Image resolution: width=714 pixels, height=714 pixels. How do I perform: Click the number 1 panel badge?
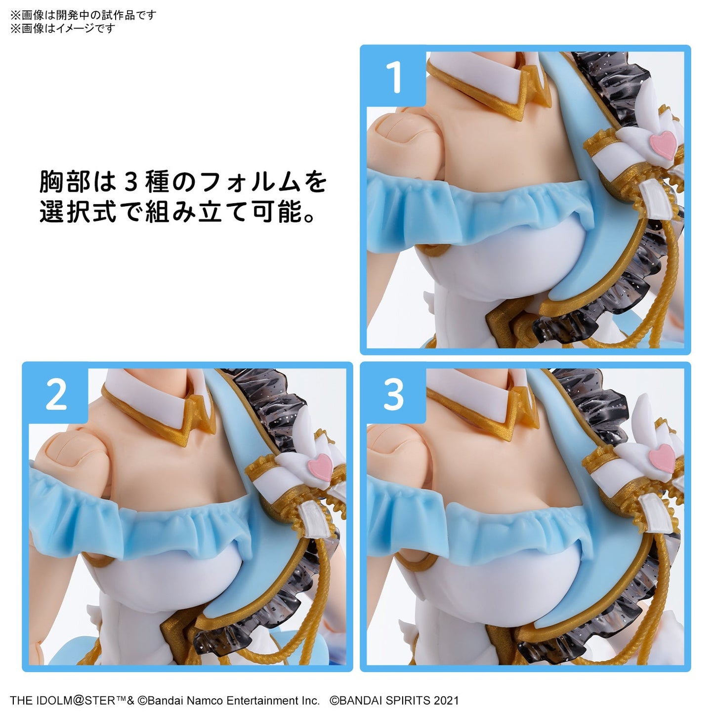point(394,77)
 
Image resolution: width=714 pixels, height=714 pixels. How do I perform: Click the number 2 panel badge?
point(56,395)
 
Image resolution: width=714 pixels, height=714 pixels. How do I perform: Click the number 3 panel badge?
point(393,395)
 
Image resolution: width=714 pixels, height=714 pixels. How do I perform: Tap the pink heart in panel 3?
point(662,459)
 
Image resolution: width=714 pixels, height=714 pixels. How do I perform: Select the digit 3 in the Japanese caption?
point(131,182)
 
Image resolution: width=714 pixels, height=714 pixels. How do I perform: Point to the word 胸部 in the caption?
point(65,182)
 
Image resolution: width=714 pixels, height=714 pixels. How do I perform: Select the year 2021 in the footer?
point(446,700)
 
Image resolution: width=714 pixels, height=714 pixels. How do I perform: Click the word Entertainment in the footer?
point(259,700)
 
